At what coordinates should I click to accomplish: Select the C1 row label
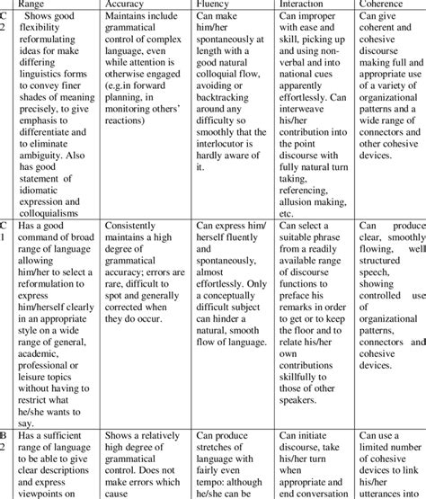(5, 234)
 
